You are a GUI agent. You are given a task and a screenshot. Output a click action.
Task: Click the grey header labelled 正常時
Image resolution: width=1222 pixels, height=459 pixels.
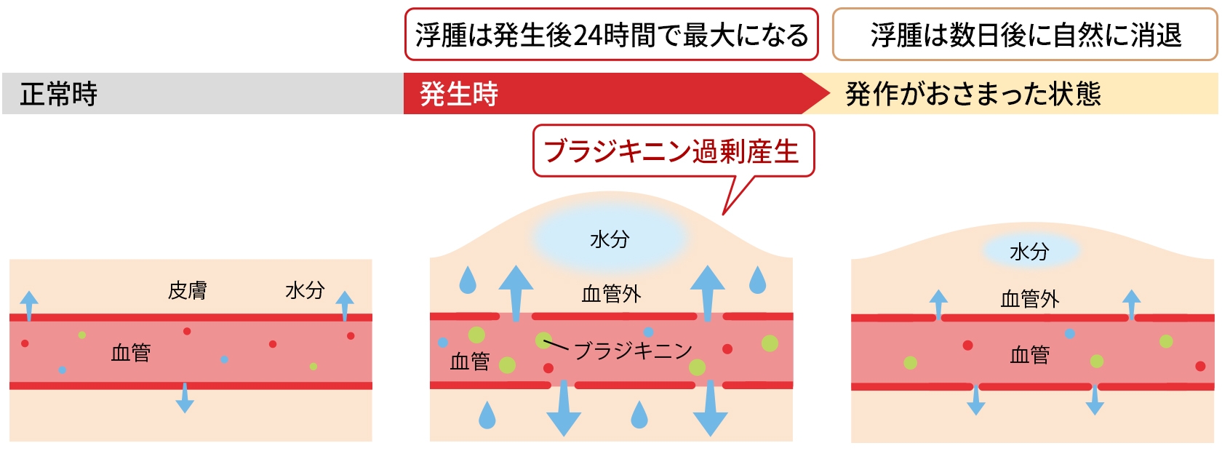click(x=58, y=94)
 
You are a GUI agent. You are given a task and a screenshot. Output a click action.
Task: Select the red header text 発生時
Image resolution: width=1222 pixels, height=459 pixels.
click(x=459, y=94)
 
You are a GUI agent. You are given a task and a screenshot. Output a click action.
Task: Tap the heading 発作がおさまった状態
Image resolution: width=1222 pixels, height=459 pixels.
click(x=973, y=94)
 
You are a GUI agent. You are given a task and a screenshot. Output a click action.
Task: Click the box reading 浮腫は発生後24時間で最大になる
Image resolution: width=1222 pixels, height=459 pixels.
click(x=611, y=35)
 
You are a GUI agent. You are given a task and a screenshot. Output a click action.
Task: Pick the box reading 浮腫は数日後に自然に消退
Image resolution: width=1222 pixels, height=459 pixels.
click(x=1025, y=35)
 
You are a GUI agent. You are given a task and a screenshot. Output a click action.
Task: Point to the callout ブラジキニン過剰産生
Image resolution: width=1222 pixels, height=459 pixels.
click(x=672, y=151)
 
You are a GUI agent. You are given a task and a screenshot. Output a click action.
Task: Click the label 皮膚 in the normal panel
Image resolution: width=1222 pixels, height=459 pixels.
click(x=187, y=291)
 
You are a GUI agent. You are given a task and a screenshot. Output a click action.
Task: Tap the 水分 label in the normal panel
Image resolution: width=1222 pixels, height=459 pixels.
click(x=305, y=291)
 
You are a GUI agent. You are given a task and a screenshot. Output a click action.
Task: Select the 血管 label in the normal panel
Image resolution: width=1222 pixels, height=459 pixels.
click(x=131, y=353)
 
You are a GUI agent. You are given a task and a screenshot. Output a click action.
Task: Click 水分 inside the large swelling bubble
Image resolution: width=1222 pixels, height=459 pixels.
click(x=610, y=239)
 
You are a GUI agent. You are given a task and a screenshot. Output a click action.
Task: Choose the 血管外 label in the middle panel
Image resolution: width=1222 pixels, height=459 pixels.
click(x=611, y=294)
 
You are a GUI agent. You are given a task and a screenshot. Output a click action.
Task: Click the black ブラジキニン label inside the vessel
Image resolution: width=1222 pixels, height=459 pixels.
click(x=633, y=351)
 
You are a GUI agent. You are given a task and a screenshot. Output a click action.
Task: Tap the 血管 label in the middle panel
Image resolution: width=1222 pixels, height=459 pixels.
click(x=470, y=362)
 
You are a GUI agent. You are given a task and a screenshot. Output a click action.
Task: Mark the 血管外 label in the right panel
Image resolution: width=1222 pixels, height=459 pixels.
click(x=1029, y=299)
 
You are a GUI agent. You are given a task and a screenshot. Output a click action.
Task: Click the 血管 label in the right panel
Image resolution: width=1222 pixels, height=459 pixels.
click(x=1029, y=355)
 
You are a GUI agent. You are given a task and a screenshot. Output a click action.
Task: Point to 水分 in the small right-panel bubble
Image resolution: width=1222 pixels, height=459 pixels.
click(x=1029, y=252)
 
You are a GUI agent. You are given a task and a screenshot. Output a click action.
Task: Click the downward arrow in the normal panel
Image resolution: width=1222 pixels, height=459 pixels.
click(x=185, y=399)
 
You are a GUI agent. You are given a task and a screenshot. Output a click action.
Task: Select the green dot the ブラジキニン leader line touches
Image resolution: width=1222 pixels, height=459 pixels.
click(x=543, y=340)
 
